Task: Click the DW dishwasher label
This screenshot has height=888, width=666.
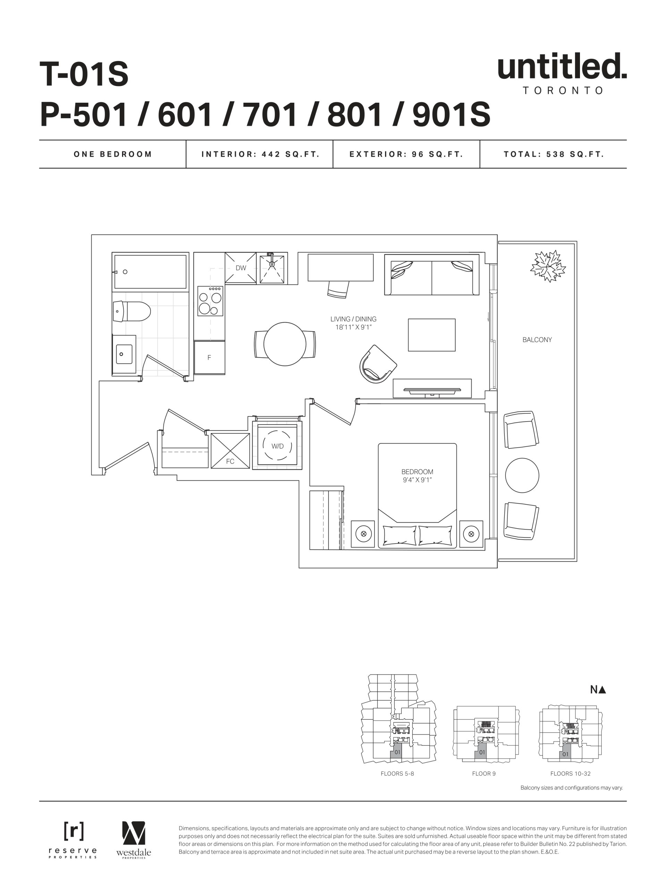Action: point(240,268)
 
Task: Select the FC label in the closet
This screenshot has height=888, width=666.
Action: point(230,461)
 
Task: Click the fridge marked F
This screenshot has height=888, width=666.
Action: point(209,357)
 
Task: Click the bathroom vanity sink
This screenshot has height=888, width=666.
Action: point(124,354)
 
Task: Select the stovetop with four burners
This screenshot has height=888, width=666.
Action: point(210,301)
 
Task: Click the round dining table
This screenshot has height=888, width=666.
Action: point(285,344)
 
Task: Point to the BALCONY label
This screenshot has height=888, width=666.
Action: point(537,340)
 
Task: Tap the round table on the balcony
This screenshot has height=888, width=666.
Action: point(522,475)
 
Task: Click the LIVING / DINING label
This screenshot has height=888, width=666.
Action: point(353,319)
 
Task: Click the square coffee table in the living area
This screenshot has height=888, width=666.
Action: point(432,335)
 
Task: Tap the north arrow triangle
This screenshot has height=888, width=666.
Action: point(602,690)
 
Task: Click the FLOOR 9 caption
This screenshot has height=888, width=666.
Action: point(484,774)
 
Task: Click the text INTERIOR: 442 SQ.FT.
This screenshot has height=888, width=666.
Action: point(260,154)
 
